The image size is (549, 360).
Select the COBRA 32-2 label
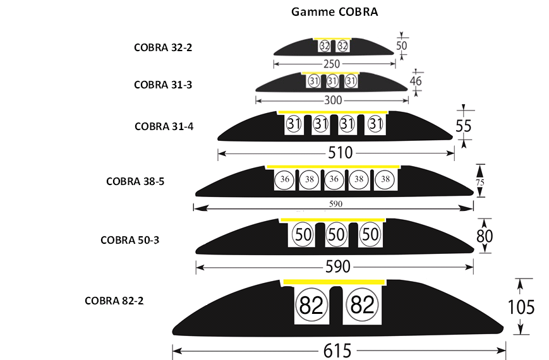pos(163,47)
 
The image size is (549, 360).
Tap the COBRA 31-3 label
pos(163,84)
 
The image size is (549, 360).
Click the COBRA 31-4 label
pos(164,126)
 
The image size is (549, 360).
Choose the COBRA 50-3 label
pos(130,239)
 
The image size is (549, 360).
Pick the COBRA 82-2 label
pos(114,301)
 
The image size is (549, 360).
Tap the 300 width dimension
pos(332,100)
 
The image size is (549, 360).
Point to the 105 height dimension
pos(521,307)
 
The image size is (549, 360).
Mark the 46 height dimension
pos(416,81)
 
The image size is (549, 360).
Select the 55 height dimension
pos(464,126)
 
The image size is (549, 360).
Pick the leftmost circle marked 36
pos(284,179)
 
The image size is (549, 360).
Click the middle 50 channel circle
pos(335,234)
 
